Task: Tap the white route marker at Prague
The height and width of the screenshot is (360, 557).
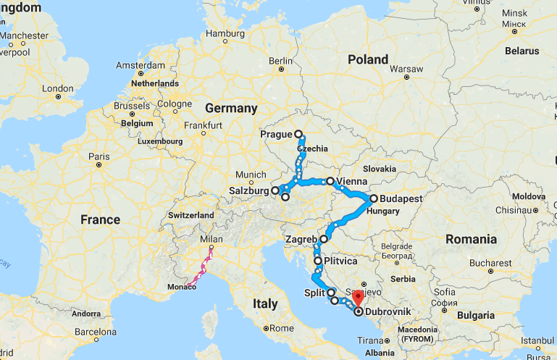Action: tap(298, 134)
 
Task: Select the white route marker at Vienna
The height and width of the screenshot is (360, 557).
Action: tap(330, 181)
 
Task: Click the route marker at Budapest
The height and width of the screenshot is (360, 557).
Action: tap(374, 198)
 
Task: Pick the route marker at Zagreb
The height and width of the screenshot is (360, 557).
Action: tap(324, 238)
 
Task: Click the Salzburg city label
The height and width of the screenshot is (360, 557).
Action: tap(248, 191)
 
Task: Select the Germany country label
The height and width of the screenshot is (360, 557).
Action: tap(231, 109)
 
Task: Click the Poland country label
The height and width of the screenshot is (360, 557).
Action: tap(368, 59)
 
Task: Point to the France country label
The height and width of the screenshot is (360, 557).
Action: tap(100, 219)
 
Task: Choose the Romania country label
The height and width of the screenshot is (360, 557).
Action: tap(471, 238)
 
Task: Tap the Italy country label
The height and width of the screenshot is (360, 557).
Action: tap(265, 303)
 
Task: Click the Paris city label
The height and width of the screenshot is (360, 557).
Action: tap(98, 156)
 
